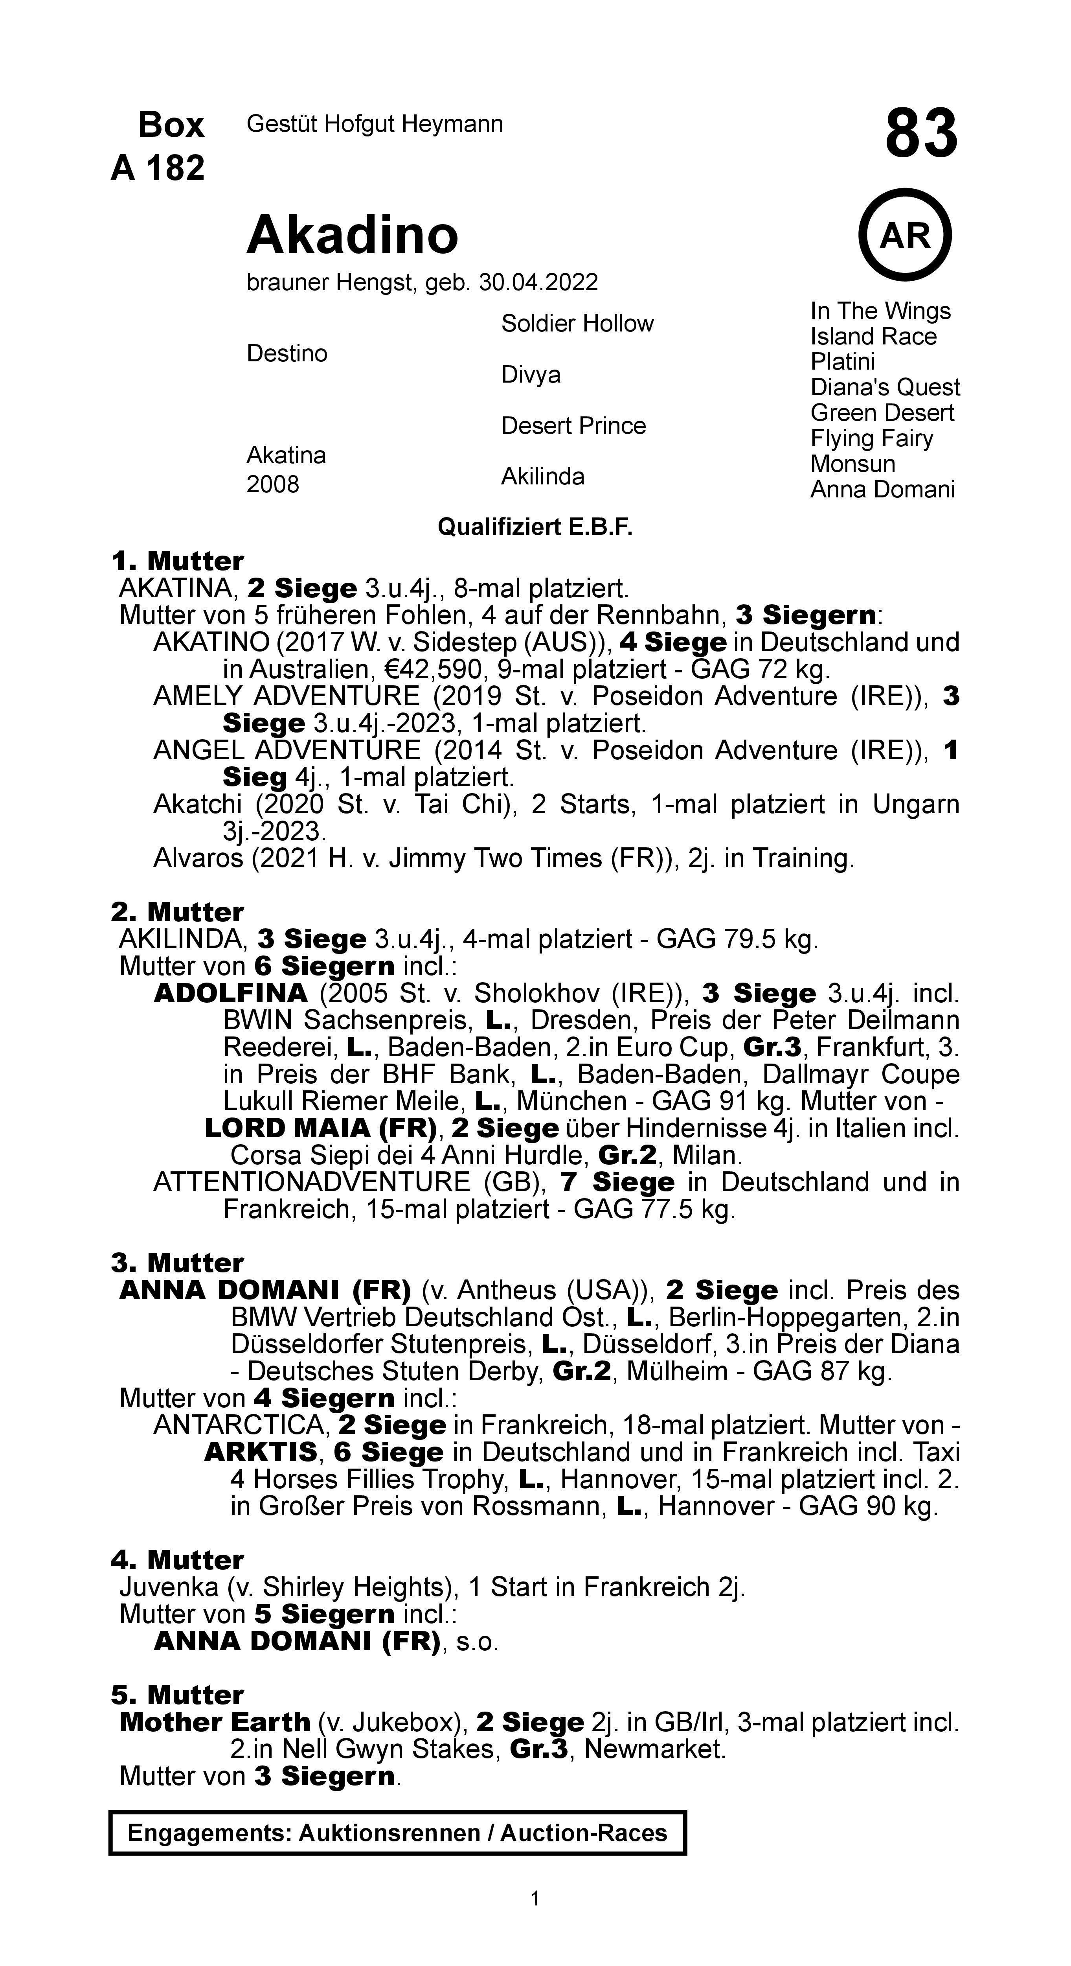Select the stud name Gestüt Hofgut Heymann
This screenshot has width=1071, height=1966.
tap(375, 123)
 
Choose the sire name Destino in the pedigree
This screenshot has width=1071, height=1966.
tap(287, 353)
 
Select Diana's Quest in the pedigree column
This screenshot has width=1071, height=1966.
tap(885, 387)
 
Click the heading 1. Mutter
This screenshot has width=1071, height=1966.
tap(177, 561)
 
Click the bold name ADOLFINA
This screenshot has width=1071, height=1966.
tap(230, 993)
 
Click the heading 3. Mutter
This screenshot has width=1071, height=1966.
tap(177, 1262)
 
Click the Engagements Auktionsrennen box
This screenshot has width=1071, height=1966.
tap(397, 1832)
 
